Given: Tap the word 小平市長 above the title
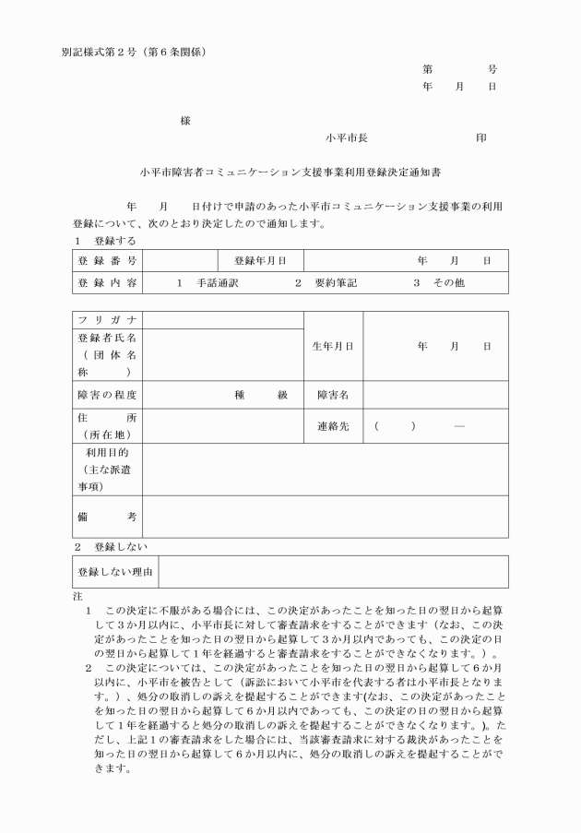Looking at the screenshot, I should coord(347,137).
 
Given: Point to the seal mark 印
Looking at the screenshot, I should coord(480,137).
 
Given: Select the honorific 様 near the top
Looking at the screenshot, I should coord(185,121).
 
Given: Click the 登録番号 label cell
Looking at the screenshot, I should coord(108,261).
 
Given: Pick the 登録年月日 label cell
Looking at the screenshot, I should coord(261,261).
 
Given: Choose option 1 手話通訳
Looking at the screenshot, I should coord(207,282).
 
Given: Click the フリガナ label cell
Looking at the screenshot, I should coord(108,320).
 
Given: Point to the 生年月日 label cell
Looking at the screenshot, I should coord(333,346).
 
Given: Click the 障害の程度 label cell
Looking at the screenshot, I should coord(108,395).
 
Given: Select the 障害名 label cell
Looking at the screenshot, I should coord(333,395).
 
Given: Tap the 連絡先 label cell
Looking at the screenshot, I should coord(333,427).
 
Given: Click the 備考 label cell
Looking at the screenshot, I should coord(108,517).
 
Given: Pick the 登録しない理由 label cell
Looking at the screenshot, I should coord(115,572).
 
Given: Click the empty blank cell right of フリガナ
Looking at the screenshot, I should coord(224,320).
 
